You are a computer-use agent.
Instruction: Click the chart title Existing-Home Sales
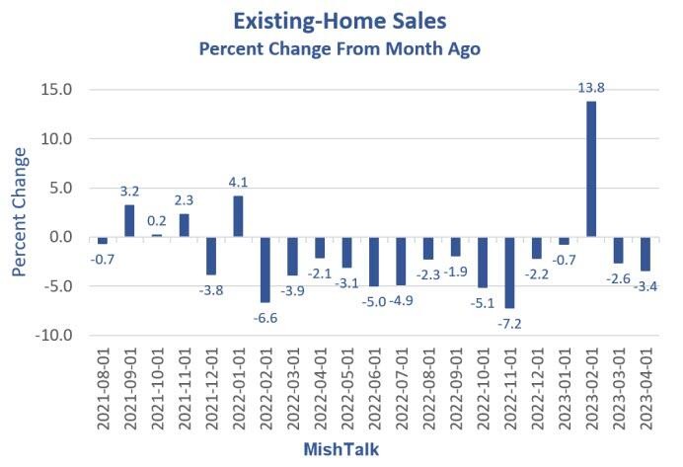click(x=340, y=21)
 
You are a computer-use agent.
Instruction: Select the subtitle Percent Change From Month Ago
click(x=340, y=48)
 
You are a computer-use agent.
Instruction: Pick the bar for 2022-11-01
click(x=509, y=272)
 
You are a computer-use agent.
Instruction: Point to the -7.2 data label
click(x=509, y=322)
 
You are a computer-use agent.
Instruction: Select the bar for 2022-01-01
click(x=238, y=216)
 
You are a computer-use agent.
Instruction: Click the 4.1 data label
click(x=238, y=182)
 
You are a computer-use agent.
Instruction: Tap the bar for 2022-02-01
click(x=265, y=270)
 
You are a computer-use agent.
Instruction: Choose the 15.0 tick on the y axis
click(x=57, y=90)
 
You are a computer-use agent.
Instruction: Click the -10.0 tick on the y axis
click(x=55, y=336)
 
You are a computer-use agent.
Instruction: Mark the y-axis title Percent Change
click(x=21, y=212)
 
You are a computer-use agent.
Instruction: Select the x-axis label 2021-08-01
click(x=103, y=390)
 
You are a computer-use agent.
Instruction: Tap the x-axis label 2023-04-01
click(x=645, y=390)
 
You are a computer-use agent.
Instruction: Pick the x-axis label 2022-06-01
click(x=374, y=390)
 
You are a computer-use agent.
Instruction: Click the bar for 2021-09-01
click(x=129, y=221)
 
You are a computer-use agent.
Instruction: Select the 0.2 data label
click(x=156, y=220)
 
